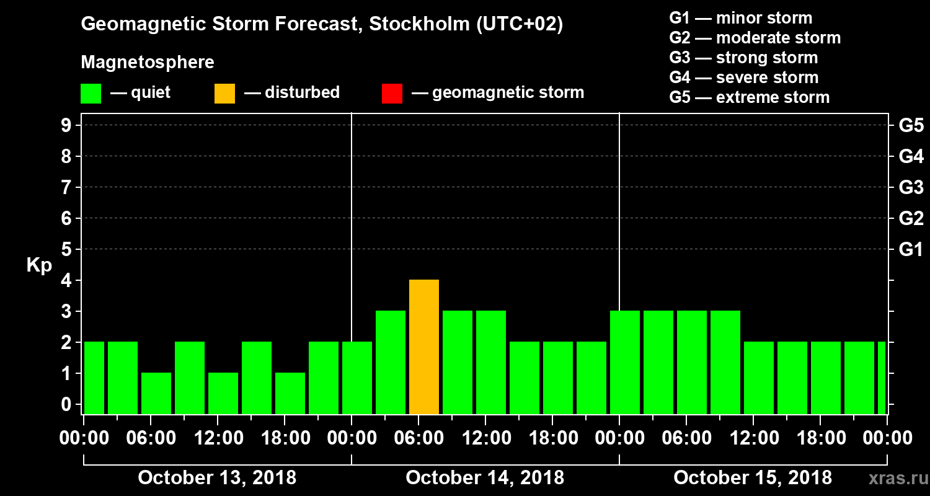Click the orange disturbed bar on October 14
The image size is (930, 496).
point(424,347)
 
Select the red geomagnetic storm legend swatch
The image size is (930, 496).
point(392,93)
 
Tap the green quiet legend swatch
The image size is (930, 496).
point(91,93)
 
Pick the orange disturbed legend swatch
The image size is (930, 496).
point(224,93)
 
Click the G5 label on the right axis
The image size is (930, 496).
point(911,125)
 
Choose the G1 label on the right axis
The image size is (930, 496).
point(911,250)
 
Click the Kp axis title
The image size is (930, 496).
point(39,265)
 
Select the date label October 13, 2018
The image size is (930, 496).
point(217,478)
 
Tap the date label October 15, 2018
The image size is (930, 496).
point(753,478)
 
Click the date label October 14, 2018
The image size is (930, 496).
point(485,478)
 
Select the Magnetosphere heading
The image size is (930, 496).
point(148,63)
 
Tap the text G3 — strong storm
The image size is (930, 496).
point(743,58)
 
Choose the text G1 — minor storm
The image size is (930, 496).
point(740,18)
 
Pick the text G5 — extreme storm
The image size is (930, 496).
point(749,97)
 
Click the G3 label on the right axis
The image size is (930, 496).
point(911,187)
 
